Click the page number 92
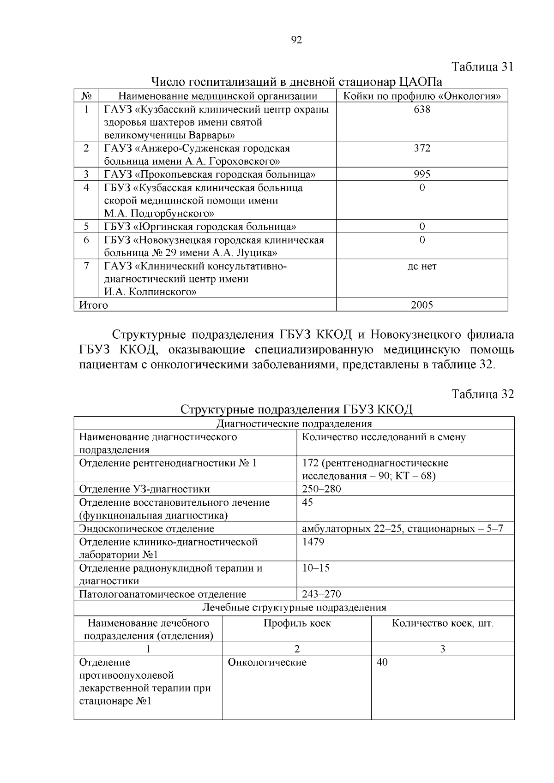(x=297, y=40)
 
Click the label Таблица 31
(x=482, y=66)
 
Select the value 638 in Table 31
(x=422, y=109)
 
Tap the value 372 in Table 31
(x=422, y=148)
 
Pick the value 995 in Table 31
(x=422, y=174)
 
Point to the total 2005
(x=422, y=305)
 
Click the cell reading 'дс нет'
(x=422, y=266)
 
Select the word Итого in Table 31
(x=94, y=305)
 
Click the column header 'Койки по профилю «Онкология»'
(x=422, y=96)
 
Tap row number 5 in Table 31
(x=86, y=227)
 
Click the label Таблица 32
(x=482, y=394)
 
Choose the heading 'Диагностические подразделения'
(x=294, y=424)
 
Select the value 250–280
(x=322, y=489)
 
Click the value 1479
(x=313, y=542)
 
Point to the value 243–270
(x=322, y=594)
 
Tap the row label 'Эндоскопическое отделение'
(x=147, y=529)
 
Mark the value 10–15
(x=316, y=568)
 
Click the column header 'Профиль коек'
(x=297, y=623)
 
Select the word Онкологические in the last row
(x=267, y=663)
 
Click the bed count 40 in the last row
(x=382, y=663)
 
